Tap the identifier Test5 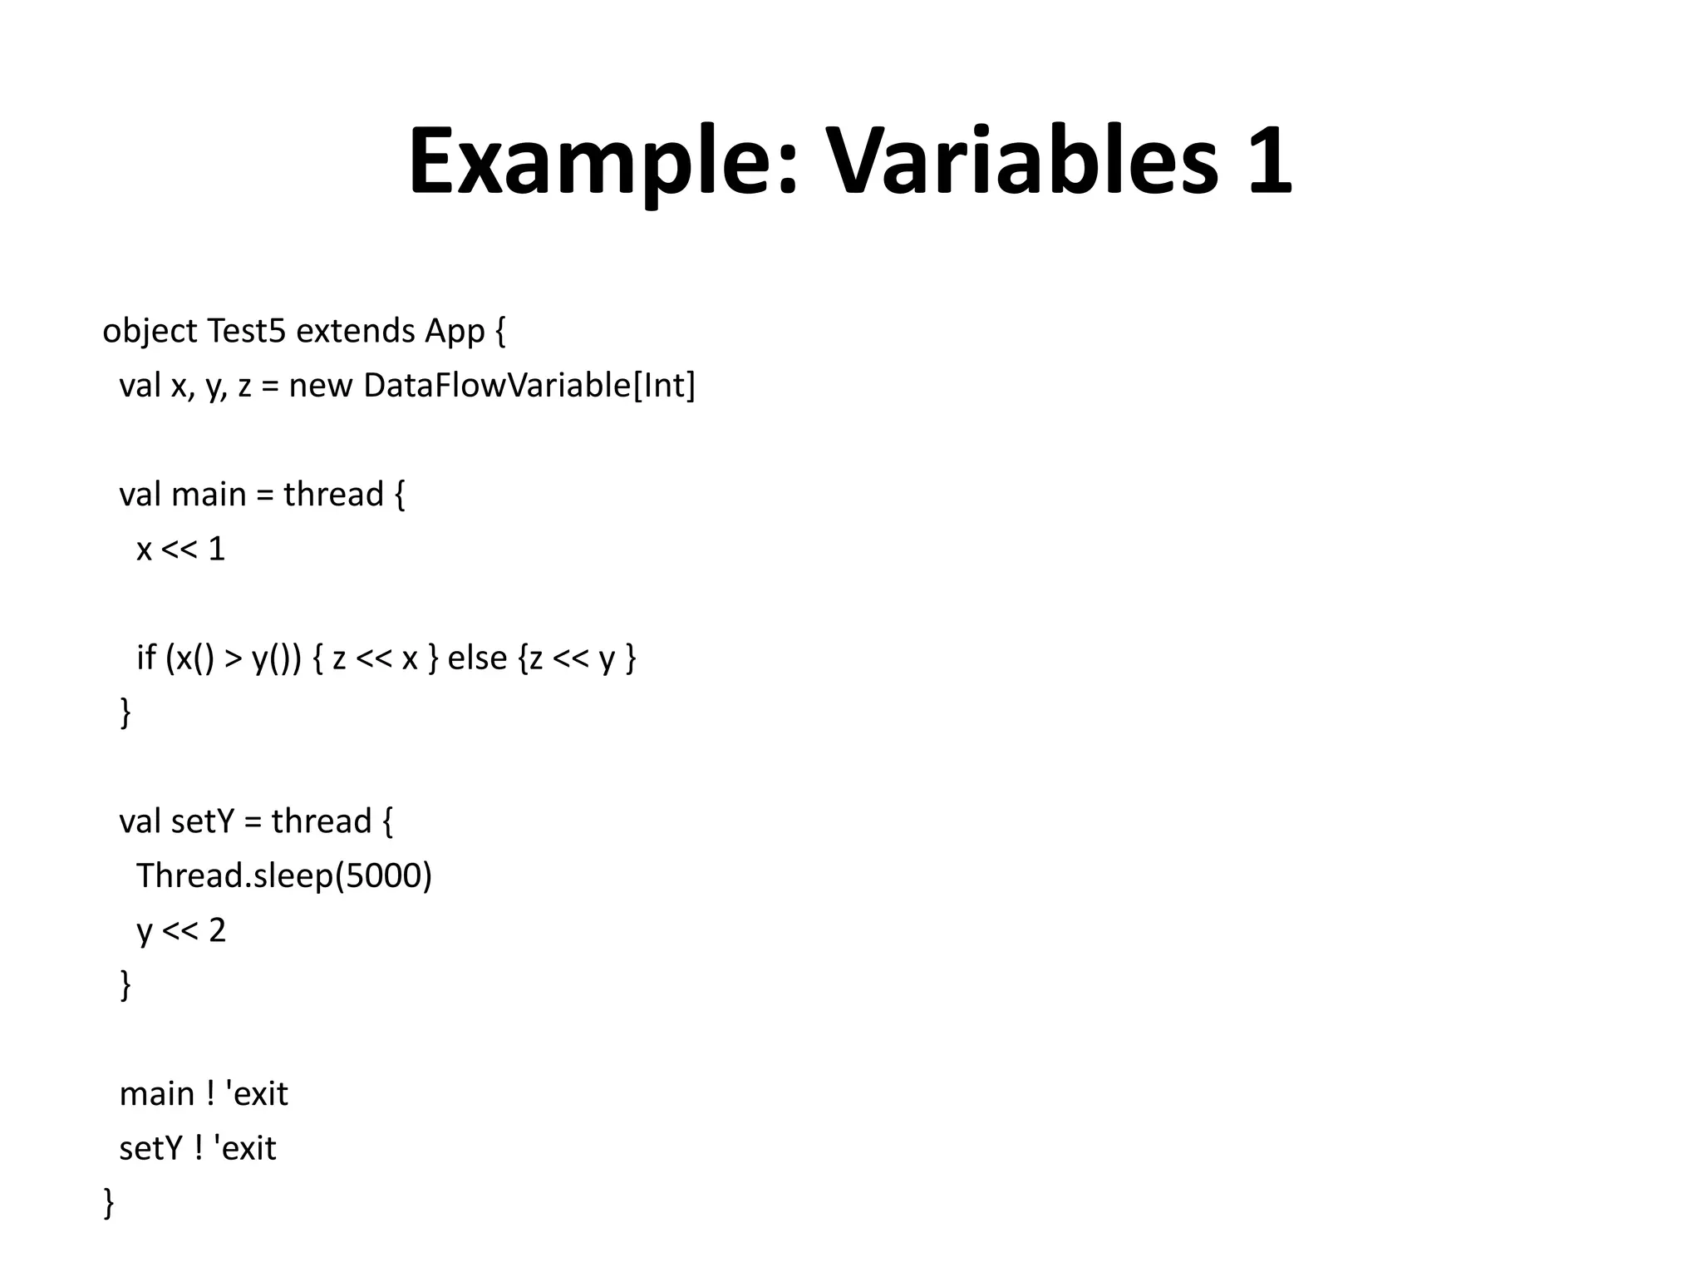(246, 331)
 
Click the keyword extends (356, 331)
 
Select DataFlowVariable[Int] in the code (529, 386)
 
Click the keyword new (320, 387)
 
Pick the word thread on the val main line (333, 495)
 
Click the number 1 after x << (216, 550)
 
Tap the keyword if (146, 658)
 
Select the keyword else (477, 658)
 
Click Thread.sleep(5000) (284, 876)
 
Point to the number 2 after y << (217, 930)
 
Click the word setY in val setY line (203, 821)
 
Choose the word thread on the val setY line (321, 821)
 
